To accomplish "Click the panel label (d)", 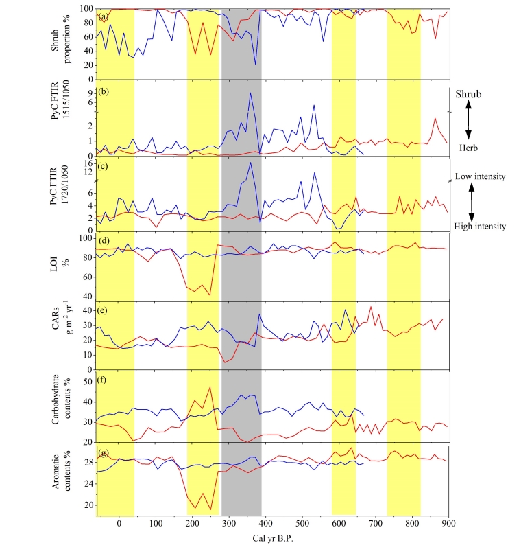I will (103, 240).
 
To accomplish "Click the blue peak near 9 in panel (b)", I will (250, 93).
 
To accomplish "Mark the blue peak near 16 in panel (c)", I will (250, 162).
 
